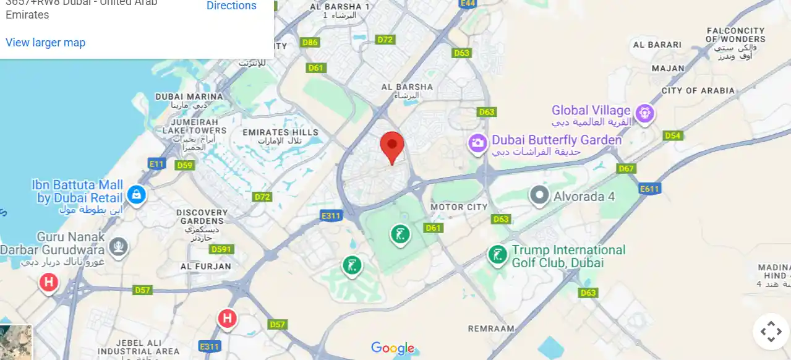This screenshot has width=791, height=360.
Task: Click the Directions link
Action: [231, 6]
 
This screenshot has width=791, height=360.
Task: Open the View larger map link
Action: [45, 43]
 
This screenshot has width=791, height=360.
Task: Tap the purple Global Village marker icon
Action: [645, 113]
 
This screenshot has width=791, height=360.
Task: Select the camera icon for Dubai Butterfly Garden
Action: [477, 144]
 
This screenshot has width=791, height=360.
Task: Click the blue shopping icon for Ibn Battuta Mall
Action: [136, 195]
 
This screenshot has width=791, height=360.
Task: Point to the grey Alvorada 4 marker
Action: [540, 195]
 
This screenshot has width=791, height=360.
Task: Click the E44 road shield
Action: [468, 4]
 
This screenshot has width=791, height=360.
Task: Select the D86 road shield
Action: [310, 43]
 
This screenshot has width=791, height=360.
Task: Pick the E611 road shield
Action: [650, 189]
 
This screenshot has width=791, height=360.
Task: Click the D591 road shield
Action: [221, 249]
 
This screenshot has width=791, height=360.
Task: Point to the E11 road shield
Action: [156, 163]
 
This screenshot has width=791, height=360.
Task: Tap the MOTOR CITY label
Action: [459, 207]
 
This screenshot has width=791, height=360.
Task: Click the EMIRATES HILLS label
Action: [280, 132]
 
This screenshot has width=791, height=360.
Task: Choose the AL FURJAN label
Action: [205, 267]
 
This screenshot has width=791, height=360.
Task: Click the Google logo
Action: [393, 348]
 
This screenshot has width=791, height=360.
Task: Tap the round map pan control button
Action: [771, 332]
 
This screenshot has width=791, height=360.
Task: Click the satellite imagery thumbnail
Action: [15, 343]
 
